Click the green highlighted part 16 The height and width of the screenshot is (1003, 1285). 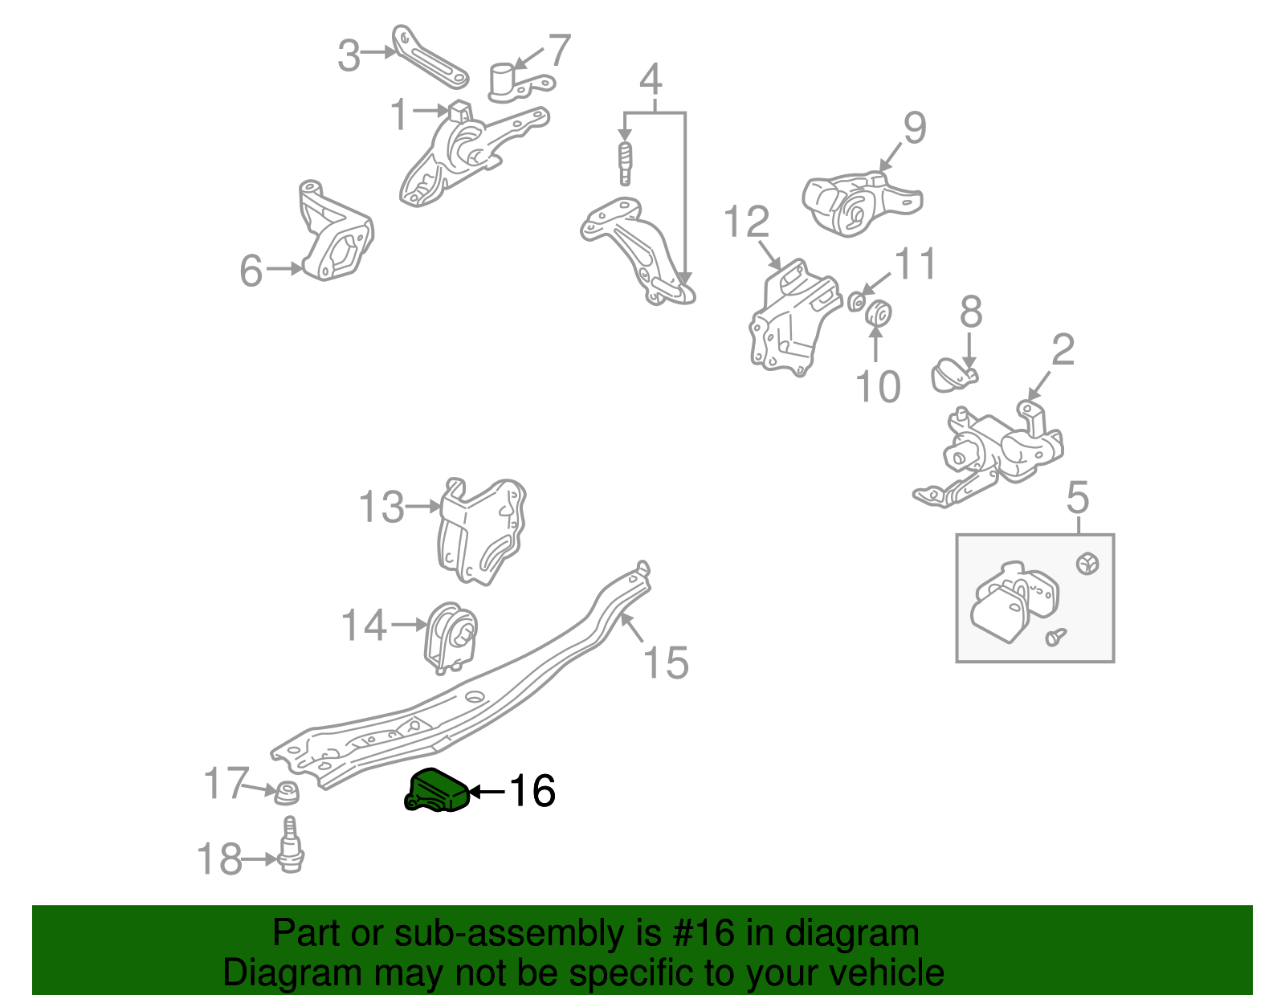point(436,790)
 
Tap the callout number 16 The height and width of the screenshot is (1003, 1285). point(532,791)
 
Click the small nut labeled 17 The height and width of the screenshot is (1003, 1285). point(287,793)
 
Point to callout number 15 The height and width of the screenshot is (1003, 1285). point(666,663)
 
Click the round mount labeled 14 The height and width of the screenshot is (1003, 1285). point(450,637)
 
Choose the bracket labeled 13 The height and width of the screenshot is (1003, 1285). point(480,530)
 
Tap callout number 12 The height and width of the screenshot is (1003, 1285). point(747,222)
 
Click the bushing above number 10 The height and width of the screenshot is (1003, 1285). point(879,312)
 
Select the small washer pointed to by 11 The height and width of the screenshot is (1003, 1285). point(856,301)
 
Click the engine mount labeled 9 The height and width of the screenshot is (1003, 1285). point(859,203)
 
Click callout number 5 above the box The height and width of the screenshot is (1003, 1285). point(1078,497)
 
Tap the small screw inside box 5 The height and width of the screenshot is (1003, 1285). point(1055,637)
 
